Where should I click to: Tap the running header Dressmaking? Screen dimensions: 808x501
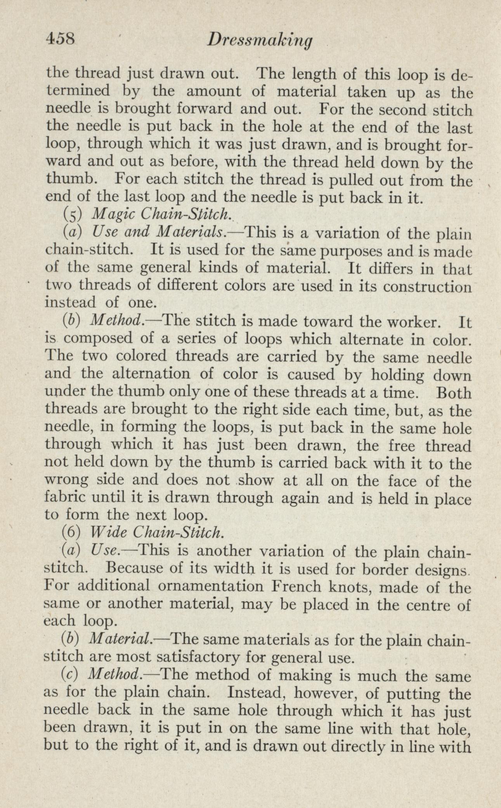point(260,40)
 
